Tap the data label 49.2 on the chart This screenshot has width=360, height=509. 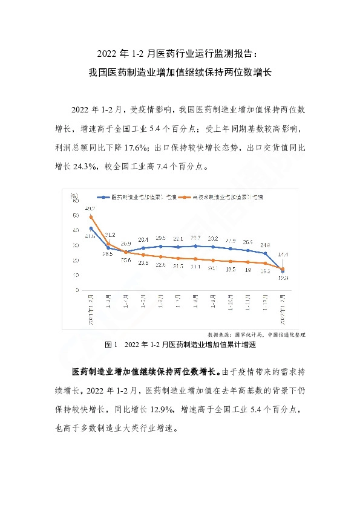pyautogui.click(x=90, y=208)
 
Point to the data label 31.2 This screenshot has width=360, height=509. pyautogui.click(x=110, y=235)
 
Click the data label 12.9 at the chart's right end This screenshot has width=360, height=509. pyautogui.click(x=283, y=279)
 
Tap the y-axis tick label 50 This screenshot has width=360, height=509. pyautogui.click(x=75, y=216)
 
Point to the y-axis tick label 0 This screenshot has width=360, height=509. pyautogui.click(x=77, y=290)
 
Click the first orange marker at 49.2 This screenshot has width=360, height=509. pyautogui.click(x=91, y=217)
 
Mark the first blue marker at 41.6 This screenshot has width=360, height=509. pyautogui.click(x=91, y=229)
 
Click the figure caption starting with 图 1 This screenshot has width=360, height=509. pyautogui.click(x=181, y=345)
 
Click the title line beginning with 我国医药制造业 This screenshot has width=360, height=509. pyautogui.click(x=180, y=71)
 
